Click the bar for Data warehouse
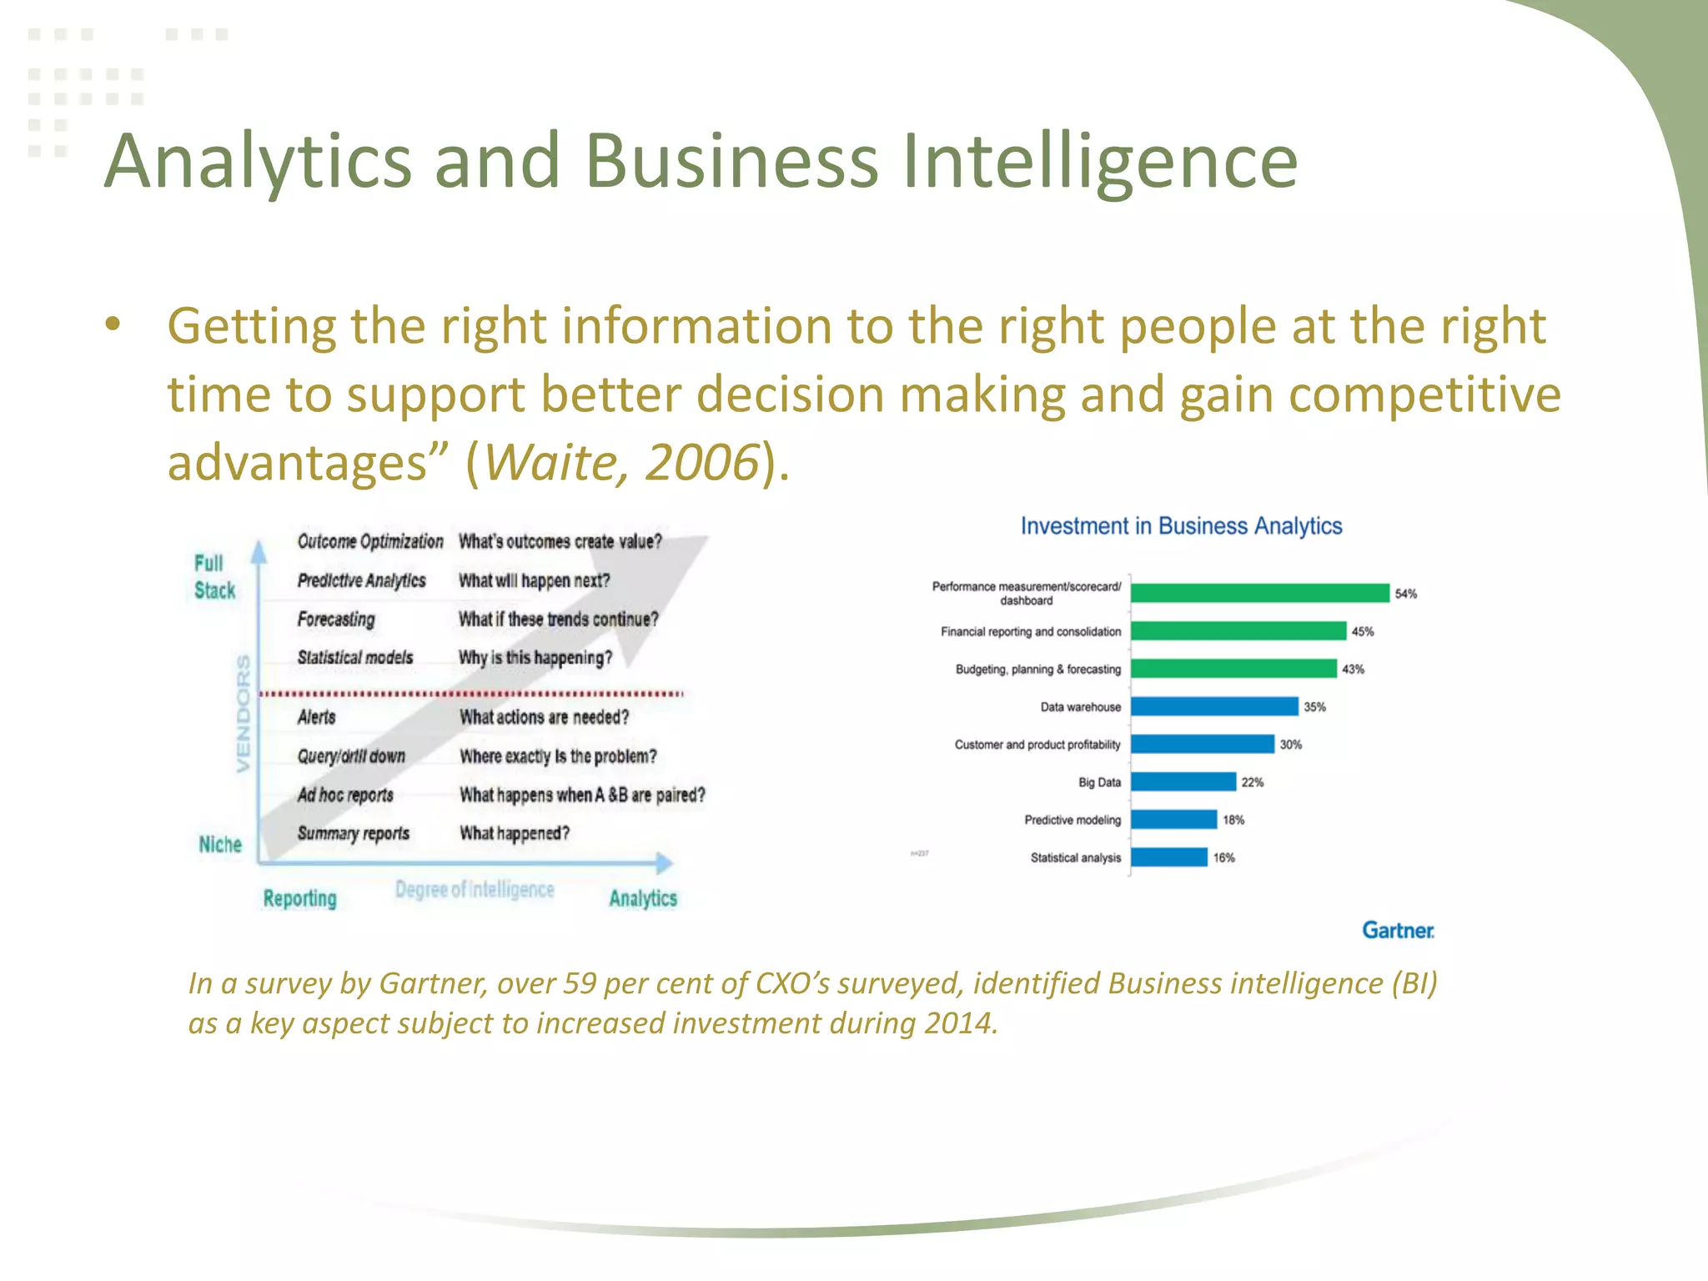point(1214,706)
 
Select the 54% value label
point(1405,594)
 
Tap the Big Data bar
point(1183,781)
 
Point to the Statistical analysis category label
point(1075,857)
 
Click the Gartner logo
point(1398,930)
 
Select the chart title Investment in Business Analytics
point(1181,526)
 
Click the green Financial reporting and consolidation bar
point(1238,631)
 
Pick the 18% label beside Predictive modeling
point(1233,820)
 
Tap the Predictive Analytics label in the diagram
point(361,580)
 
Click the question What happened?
point(515,833)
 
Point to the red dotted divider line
point(471,693)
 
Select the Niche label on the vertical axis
point(220,844)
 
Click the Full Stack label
point(213,577)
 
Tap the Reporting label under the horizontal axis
point(299,898)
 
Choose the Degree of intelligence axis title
point(474,889)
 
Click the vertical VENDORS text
point(243,713)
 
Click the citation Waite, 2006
point(621,462)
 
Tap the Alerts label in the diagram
point(316,717)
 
